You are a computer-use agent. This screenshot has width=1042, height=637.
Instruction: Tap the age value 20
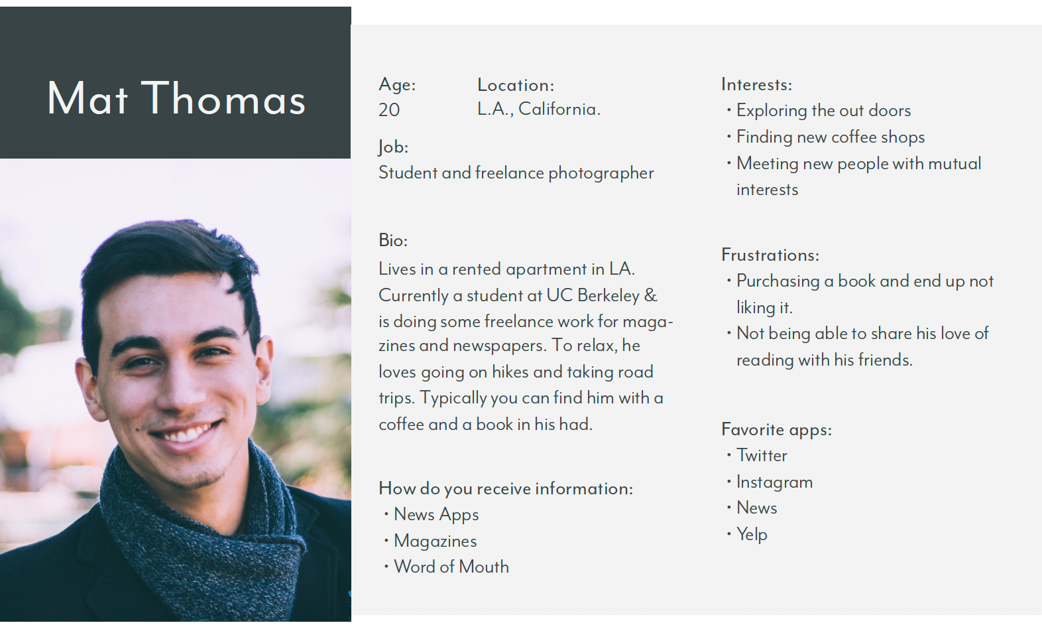[x=389, y=110]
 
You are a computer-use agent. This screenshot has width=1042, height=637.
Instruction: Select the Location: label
[x=516, y=85]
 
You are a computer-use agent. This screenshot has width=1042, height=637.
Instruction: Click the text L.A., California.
[x=539, y=109]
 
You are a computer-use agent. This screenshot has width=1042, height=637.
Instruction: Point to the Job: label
[x=393, y=147]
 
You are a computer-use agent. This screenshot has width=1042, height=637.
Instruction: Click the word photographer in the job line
[x=601, y=173]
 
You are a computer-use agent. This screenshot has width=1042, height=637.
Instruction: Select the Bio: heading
[x=393, y=240]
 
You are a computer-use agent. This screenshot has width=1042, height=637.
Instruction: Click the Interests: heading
[x=756, y=85]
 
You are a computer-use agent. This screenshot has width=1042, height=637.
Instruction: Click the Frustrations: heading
[x=770, y=255]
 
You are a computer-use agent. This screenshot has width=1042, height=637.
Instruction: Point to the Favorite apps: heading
[x=776, y=430]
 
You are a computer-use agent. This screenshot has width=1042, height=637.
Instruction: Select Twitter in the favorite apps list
[x=762, y=455]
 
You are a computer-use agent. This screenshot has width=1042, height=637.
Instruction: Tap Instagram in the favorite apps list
[x=774, y=482]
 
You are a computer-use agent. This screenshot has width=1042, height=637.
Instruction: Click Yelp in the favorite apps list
[x=752, y=535]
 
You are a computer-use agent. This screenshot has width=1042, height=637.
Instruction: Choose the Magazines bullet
[x=435, y=541]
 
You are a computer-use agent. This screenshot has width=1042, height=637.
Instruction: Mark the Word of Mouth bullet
[x=451, y=567]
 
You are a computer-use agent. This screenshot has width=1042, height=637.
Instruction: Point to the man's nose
[x=179, y=386]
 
